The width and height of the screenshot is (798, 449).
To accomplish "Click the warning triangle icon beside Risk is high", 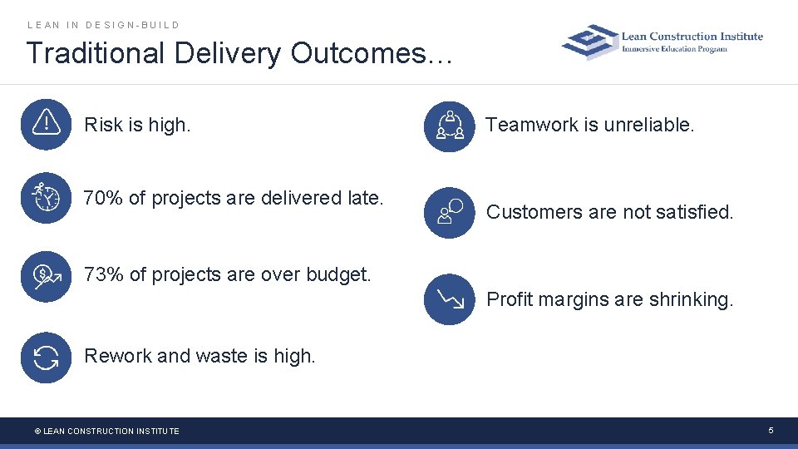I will click(x=46, y=124).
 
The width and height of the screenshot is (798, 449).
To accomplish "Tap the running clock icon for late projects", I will click(x=46, y=198).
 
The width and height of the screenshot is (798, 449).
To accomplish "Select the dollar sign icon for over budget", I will click(x=46, y=276).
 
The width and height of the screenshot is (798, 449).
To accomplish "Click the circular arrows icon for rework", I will click(x=46, y=358).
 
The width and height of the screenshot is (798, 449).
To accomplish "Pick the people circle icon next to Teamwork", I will click(x=449, y=126).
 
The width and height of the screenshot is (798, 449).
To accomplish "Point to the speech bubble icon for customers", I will click(x=449, y=213).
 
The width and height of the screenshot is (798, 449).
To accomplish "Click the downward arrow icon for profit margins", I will click(x=449, y=299).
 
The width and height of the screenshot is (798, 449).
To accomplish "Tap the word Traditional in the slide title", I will click(x=96, y=53).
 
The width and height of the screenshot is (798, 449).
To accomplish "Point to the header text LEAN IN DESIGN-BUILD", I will click(x=104, y=25).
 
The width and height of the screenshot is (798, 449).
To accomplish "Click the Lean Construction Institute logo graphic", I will click(x=590, y=42).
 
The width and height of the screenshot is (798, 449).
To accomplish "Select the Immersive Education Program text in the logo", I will click(x=675, y=49).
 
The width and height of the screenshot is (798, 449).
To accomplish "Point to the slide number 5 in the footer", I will click(x=771, y=430).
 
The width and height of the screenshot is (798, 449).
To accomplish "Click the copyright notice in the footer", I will click(x=106, y=431).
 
